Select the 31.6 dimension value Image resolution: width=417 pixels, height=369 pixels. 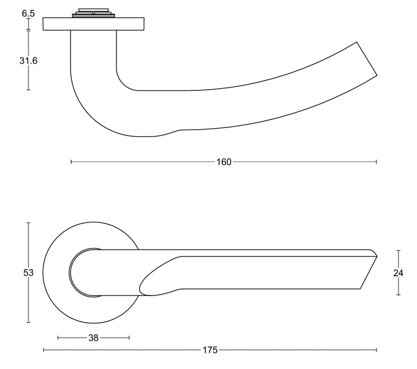[x=28, y=61]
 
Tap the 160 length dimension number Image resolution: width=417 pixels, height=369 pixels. [x=224, y=162]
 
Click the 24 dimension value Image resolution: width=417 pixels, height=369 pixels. [x=398, y=273]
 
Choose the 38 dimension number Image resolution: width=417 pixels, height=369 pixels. [x=93, y=338]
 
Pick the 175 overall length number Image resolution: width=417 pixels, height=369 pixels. [x=210, y=350]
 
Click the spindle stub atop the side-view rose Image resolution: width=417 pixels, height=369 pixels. [x=93, y=13]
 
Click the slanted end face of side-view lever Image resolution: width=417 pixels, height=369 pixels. [x=367, y=59]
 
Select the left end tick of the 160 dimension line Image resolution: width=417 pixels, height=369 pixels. [x=71, y=162]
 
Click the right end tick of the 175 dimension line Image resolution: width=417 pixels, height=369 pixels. [x=376, y=350]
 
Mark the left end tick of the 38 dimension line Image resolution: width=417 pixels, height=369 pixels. [x=58, y=338]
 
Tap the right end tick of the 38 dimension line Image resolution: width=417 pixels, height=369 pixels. [x=129, y=338]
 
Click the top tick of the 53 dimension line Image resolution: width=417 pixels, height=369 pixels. [x=28, y=222]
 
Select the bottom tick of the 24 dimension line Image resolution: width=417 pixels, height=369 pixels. [x=398, y=295]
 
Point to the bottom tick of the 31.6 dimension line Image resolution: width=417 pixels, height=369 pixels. [x=28, y=90]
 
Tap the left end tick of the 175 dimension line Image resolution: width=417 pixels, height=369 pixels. [x=43, y=350]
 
